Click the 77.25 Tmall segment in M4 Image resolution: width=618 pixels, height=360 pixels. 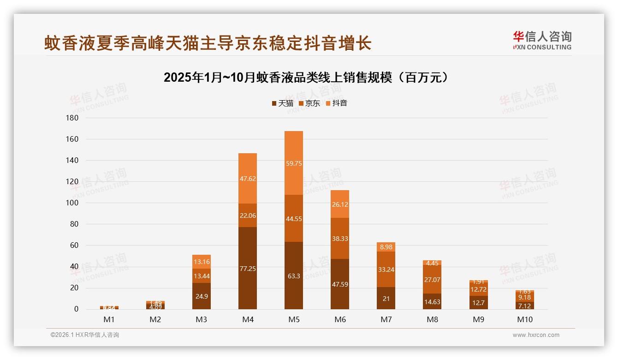[x=248, y=268]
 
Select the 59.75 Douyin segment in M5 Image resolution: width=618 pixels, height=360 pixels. [x=294, y=163]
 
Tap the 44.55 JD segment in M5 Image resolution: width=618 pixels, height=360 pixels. [x=294, y=218]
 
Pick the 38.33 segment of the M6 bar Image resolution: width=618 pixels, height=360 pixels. [x=340, y=238]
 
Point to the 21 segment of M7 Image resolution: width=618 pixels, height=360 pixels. [x=386, y=298]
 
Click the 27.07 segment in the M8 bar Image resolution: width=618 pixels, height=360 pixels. [x=432, y=279]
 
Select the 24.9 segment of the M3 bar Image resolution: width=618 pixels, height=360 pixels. [x=202, y=296]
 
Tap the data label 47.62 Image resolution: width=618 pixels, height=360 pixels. [x=248, y=179]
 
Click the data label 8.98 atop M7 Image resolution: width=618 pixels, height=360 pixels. [x=386, y=247]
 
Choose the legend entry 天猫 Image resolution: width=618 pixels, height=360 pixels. [x=282, y=103]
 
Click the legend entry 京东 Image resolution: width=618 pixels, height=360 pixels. [x=309, y=103]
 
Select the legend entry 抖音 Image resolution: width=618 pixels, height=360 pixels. [x=336, y=103]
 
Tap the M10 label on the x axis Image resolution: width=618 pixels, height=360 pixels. [x=524, y=319]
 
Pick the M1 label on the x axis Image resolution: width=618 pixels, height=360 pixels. [x=109, y=319]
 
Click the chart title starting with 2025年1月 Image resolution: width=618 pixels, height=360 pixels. [x=306, y=78]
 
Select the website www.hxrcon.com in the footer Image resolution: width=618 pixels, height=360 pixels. [x=536, y=335]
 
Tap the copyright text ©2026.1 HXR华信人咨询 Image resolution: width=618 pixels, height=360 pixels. [x=85, y=335]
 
